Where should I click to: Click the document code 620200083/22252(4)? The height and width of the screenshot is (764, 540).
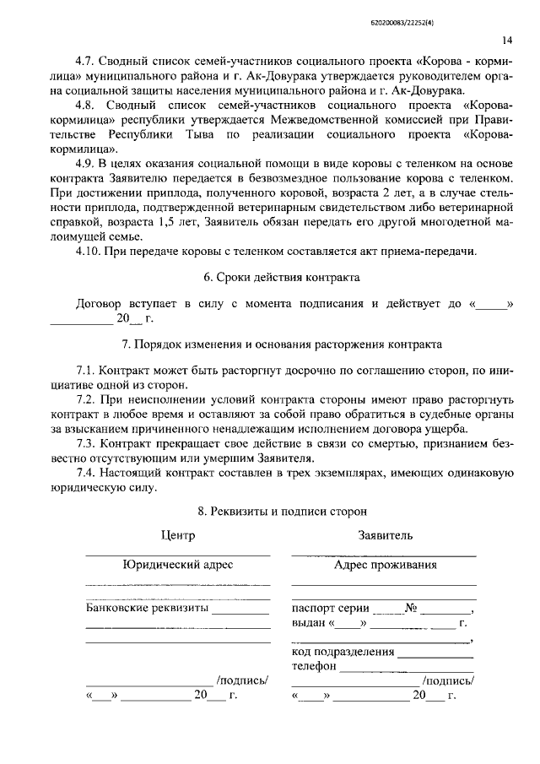474,13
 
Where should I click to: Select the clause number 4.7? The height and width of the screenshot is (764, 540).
84,61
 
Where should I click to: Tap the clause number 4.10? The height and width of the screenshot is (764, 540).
88,251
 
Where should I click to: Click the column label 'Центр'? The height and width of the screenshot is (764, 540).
177,535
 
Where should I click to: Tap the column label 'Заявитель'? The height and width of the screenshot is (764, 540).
385,535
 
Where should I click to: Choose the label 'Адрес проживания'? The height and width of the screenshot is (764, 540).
385,565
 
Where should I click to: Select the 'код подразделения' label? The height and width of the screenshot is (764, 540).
343,652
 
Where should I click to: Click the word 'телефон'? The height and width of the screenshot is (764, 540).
314,665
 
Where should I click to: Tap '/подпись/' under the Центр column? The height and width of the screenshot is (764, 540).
242,680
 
